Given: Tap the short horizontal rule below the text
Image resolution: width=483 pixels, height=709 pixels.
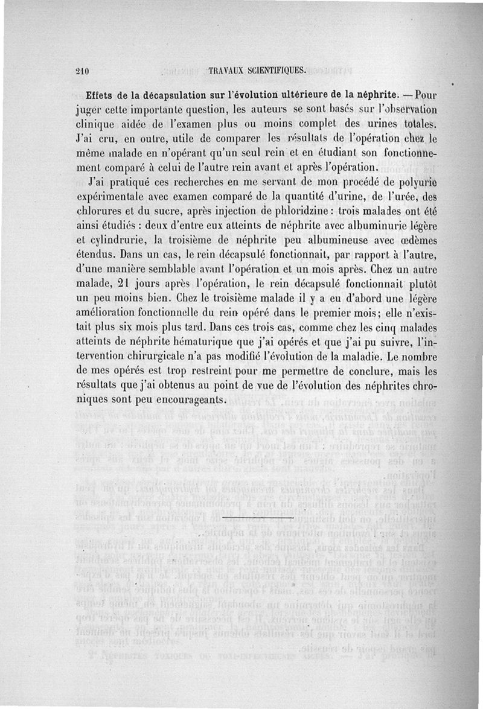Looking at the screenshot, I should [x=258, y=518].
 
